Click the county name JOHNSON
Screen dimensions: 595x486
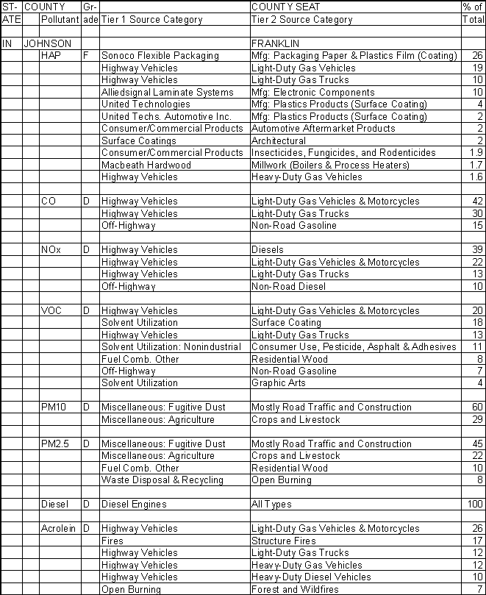[48, 43]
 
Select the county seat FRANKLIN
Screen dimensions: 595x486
[276, 43]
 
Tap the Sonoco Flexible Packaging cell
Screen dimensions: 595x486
[160, 56]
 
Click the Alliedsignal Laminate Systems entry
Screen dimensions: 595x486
[167, 92]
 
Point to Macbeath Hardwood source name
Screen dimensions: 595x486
[146, 165]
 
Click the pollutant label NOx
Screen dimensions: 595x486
[51, 250]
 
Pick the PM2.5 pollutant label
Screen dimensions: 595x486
[55, 444]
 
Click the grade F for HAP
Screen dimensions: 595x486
[85, 56]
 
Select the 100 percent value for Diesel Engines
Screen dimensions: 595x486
[474, 505]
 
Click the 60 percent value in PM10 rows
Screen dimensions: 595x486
[477, 407]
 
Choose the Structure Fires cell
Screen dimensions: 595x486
[283, 541]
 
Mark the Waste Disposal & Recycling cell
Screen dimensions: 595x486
[162, 480]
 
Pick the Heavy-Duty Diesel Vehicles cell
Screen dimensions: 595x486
[311, 577]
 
